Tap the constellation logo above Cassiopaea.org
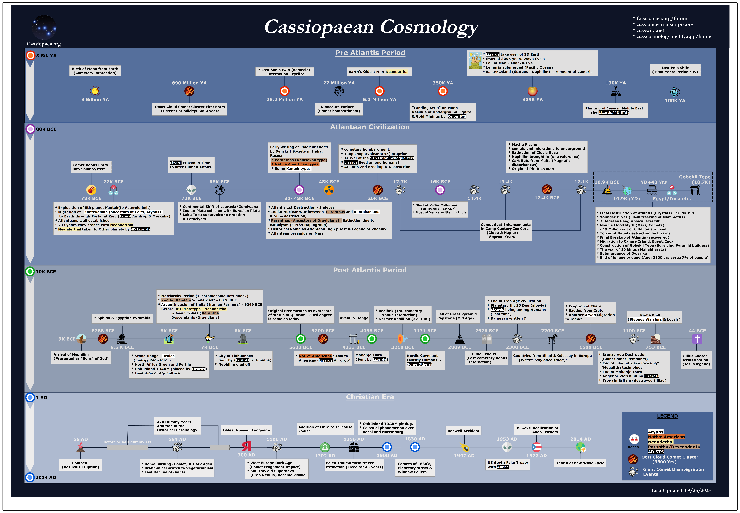click(x=44, y=28)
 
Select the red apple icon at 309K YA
click(x=532, y=91)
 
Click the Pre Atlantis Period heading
click(x=370, y=53)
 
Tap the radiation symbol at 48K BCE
click(x=329, y=190)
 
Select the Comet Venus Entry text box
click(x=91, y=167)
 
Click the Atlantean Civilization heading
click(x=370, y=127)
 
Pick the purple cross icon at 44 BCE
click(x=697, y=338)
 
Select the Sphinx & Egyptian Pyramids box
click(x=122, y=318)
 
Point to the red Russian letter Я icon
click(x=247, y=446)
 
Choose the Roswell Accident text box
click(x=463, y=431)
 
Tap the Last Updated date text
click(x=681, y=490)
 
